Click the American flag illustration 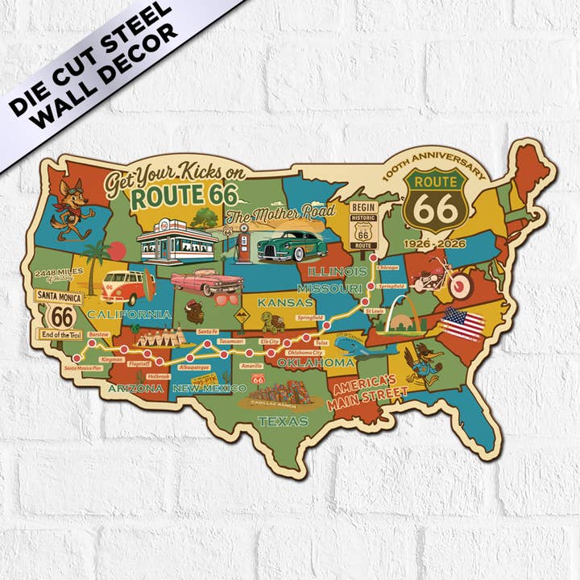pyautogui.click(x=462, y=324)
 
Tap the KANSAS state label pyautogui.click(x=284, y=302)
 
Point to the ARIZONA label pyautogui.click(x=136, y=388)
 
